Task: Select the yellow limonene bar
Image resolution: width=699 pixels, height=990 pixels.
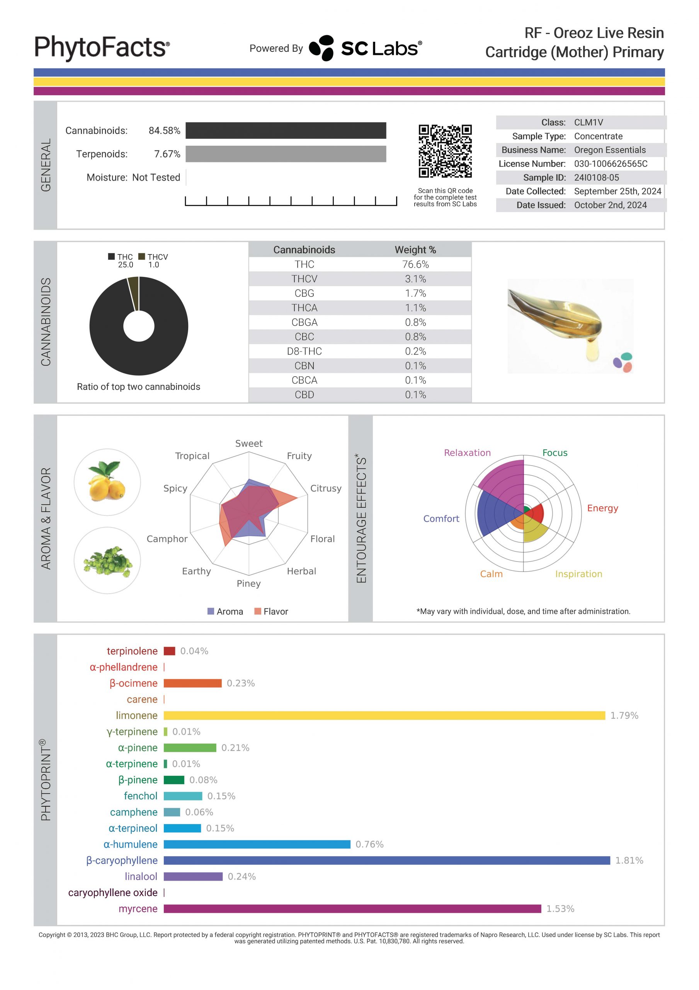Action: [384, 715]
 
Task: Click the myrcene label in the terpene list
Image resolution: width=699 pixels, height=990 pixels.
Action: [138, 908]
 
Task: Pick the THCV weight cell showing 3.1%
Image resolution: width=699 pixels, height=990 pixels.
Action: [415, 279]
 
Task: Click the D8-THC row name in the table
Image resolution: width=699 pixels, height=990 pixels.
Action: [304, 351]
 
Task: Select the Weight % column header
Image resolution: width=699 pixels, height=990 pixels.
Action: [415, 250]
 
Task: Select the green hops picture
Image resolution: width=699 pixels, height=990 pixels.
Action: [107, 560]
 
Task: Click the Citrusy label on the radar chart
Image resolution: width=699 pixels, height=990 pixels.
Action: [325, 488]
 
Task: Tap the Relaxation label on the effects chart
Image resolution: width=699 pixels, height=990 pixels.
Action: [467, 453]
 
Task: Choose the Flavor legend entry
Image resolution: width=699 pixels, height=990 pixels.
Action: [271, 611]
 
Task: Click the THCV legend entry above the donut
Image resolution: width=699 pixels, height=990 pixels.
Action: [153, 257]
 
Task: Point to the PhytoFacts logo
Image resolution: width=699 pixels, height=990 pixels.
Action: [102, 48]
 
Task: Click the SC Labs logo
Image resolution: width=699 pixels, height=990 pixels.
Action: [365, 48]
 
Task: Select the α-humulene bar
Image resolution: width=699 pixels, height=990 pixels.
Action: [257, 844]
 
